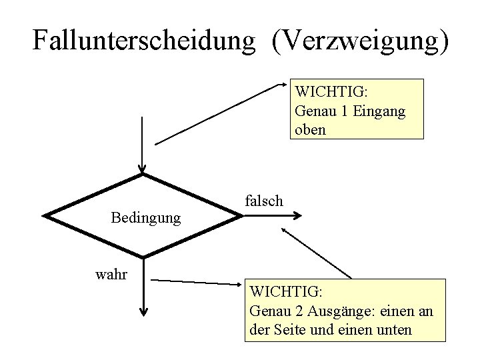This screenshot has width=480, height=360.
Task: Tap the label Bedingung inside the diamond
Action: (145, 217)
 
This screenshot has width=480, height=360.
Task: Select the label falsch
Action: (264, 200)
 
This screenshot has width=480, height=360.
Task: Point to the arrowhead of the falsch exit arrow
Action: (298, 215)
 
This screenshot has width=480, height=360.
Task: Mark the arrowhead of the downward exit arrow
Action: (143, 311)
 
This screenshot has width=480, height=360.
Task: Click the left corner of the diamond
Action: (45, 215)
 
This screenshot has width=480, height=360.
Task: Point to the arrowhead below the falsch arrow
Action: (285, 229)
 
